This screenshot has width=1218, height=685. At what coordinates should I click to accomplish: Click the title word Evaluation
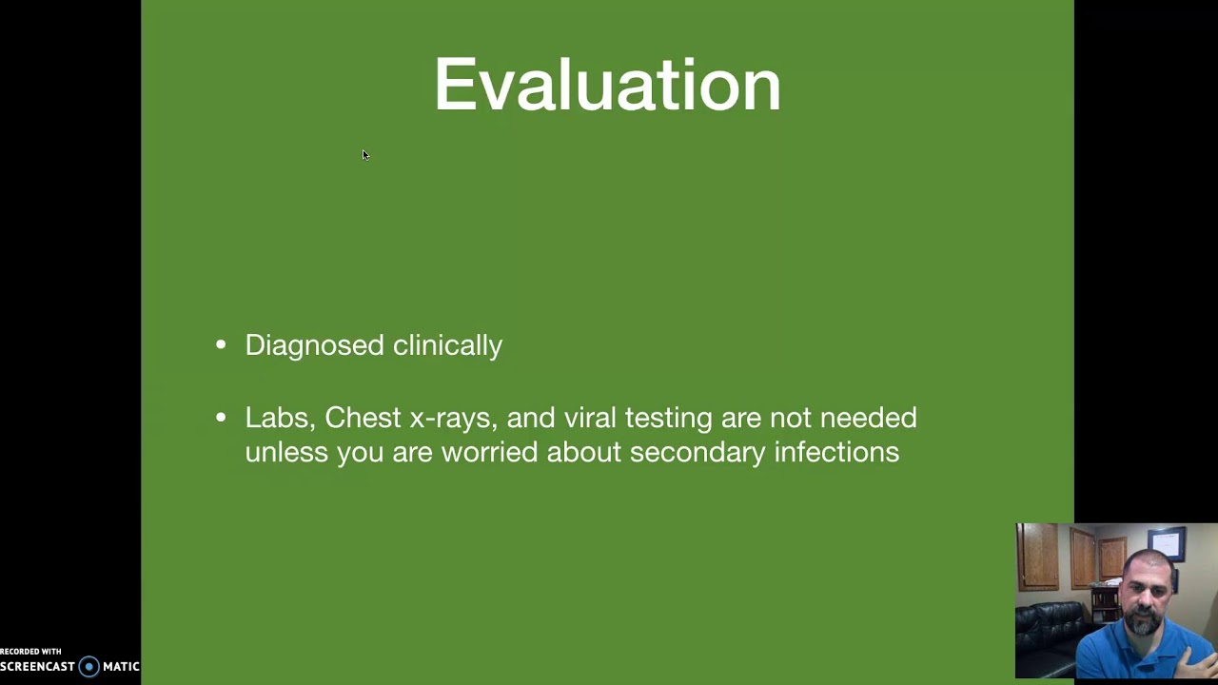point(607,85)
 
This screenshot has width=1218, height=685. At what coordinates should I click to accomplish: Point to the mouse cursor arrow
point(365,155)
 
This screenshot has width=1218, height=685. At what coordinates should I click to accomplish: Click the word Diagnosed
point(314,345)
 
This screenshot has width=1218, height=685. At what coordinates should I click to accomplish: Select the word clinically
point(447,345)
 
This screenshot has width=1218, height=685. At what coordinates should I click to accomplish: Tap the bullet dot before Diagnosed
point(221,345)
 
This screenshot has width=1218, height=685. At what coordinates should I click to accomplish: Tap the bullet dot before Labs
point(221,418)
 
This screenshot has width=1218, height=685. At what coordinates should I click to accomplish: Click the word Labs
point(278,418)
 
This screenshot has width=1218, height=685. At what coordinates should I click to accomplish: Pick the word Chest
point(363,418)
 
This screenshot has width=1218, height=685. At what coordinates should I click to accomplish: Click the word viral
point(590,418)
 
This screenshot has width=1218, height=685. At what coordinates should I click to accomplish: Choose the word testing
point(668,418)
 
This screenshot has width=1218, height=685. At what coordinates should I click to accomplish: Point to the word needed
point(868,418)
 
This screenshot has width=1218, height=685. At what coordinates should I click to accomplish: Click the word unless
point(285,452)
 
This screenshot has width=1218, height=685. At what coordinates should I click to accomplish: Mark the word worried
point(489,452)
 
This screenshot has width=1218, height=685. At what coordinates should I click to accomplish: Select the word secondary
point(697,452)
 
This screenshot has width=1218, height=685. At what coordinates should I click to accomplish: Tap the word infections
point(836,452)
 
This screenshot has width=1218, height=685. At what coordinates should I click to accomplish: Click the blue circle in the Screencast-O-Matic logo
point(88,667)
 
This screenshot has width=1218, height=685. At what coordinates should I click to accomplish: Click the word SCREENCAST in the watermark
point(37,667)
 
